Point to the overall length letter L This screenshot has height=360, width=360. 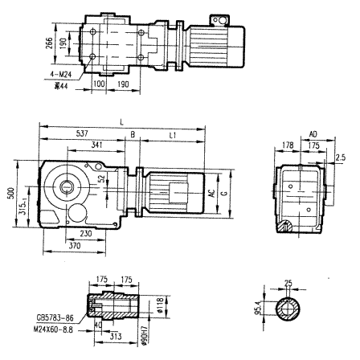(123, 121)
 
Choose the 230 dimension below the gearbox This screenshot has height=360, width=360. (97, 234)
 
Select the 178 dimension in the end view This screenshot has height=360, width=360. (288, 146)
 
